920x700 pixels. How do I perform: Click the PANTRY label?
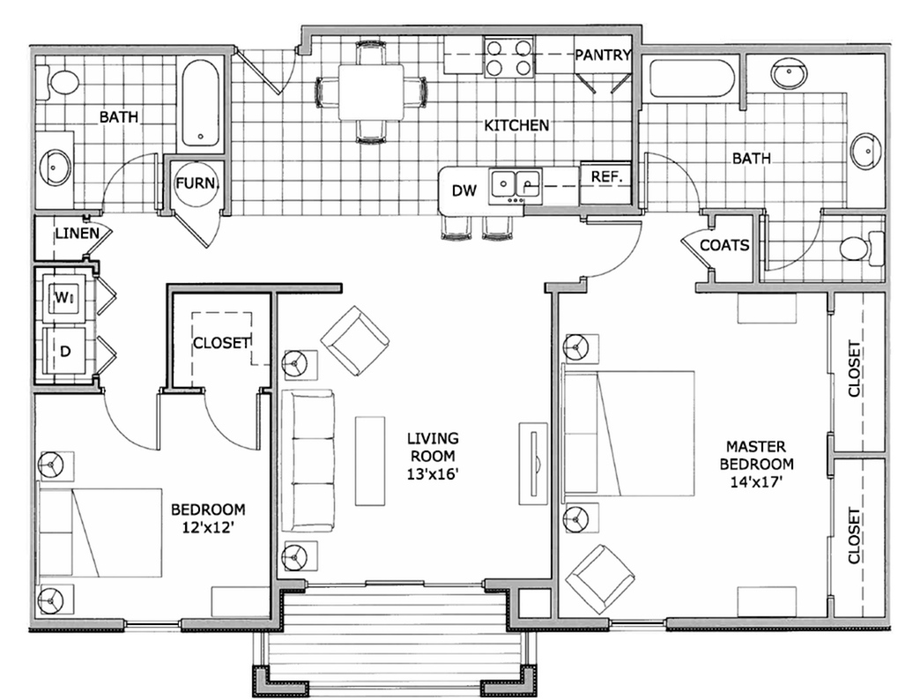[603, 56]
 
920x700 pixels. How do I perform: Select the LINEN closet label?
[76, 235]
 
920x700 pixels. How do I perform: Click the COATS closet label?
[724, 245]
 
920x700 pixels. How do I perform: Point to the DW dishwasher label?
[464, 190]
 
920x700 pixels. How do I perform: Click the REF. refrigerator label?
[606, 175]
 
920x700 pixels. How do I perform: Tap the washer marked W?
[63, 298]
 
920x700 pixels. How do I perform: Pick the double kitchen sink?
[516, 183]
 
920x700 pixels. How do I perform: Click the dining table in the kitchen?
[371, 91]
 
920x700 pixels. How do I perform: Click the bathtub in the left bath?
[201, 103]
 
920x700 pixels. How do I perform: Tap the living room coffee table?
[370, 460]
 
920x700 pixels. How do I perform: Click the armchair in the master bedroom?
[600, 577]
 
